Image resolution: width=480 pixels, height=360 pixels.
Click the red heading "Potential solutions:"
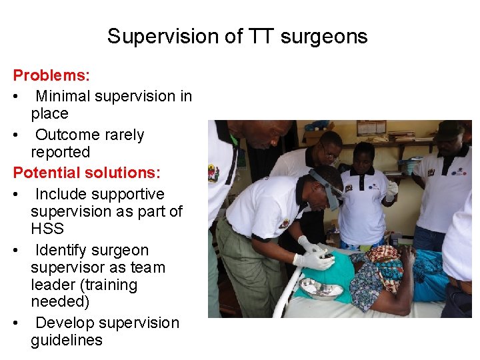(87, 173)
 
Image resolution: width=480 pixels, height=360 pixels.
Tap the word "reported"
(60, 152)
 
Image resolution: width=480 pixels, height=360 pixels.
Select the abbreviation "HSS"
(47, 229)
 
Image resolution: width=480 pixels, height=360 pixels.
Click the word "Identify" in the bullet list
(64, 250)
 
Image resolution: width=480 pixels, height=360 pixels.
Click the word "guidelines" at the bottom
(67, 340)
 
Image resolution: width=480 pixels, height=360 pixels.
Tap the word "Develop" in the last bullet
(64, 323)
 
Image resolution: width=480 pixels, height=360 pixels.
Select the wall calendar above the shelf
(371, 127)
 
